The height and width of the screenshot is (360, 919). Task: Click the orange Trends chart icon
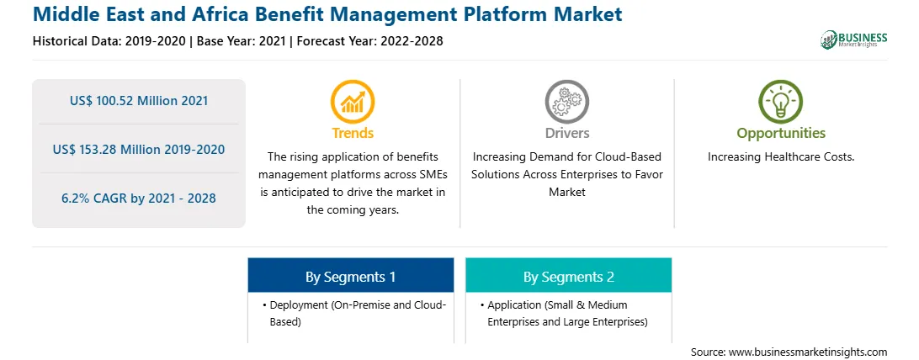tap(353, 101)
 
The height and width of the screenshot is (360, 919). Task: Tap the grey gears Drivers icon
tap(566, 101)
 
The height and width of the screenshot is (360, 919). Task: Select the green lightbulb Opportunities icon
tap(781, 101)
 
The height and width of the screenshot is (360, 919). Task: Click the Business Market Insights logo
tap(854, 40)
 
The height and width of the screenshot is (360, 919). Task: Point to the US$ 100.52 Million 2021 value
tap(139, 101)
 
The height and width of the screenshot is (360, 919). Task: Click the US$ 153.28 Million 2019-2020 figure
tap(139, 149)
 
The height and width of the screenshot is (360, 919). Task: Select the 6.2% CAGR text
tap(139, 198)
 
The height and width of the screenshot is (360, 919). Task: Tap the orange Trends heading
tap(353, 133)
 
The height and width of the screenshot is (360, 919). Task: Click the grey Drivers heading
tap(566, 133)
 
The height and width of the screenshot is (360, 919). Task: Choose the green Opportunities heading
tap(781, 133)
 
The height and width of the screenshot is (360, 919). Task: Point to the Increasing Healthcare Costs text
tap(781, 157)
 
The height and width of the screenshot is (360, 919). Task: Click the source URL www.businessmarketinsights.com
tap(808, 352)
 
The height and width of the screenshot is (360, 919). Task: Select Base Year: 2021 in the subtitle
tap(241, 41)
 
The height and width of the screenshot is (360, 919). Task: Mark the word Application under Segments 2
tap(514, 305)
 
